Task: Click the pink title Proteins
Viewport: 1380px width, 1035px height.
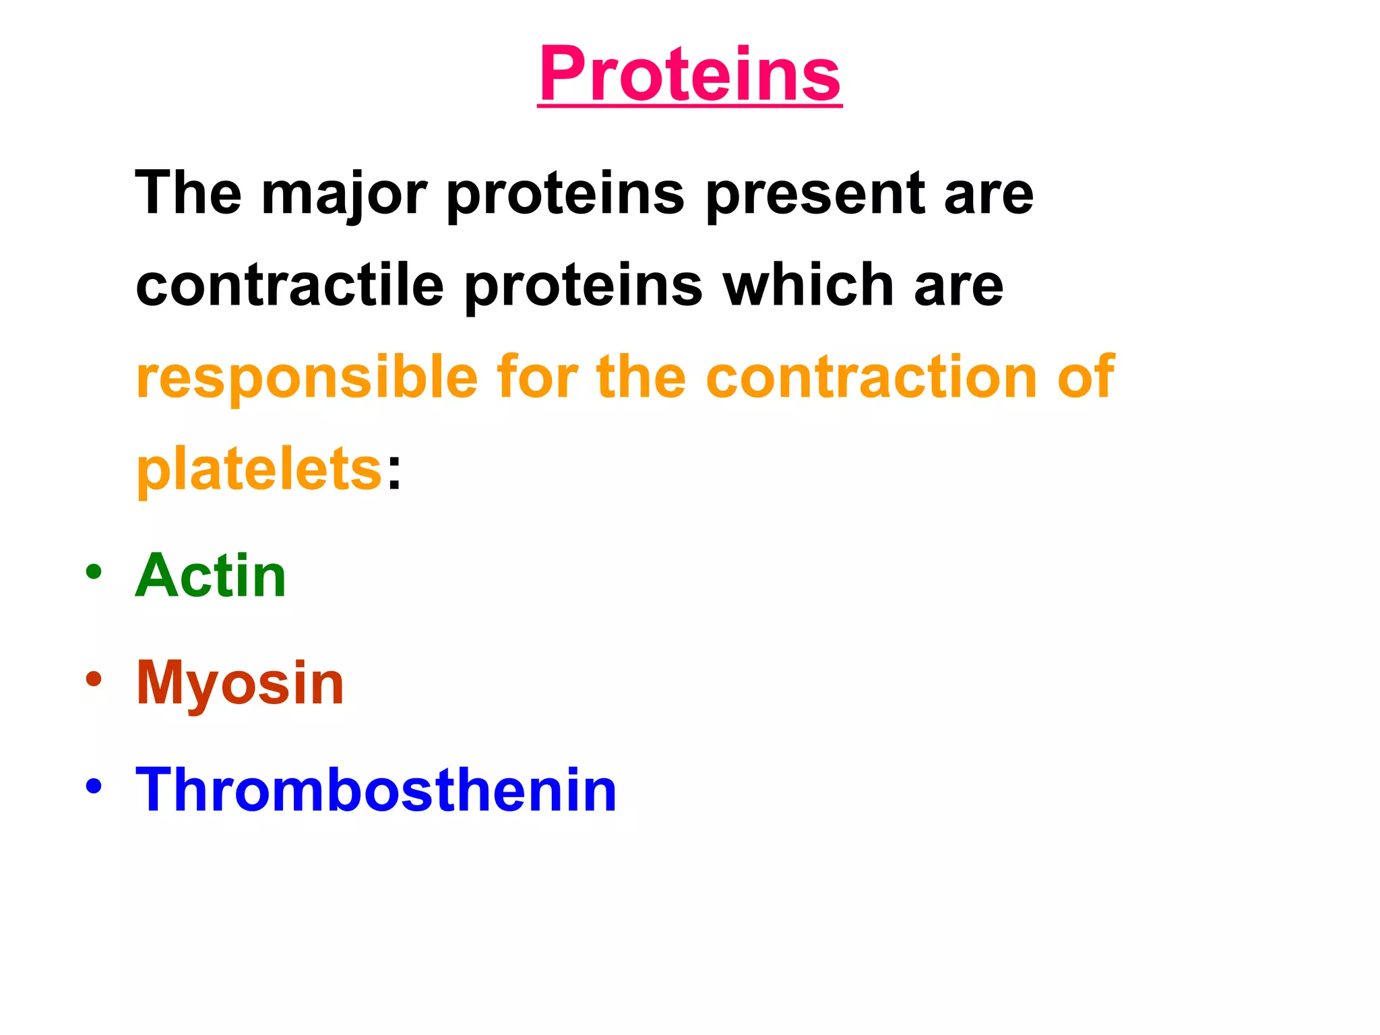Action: (690, 74)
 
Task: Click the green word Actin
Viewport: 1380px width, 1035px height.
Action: (211, 575)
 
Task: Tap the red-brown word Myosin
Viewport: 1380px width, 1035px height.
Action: (240, 683)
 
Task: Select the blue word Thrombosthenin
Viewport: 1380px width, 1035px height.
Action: (376, 790)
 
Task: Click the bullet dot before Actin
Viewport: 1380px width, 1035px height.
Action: (94, 572)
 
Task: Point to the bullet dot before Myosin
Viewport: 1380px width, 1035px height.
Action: (94, 679)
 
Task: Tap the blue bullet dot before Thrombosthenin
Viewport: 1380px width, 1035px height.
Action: (94, 785)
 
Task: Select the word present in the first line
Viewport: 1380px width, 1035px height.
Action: (815, 195)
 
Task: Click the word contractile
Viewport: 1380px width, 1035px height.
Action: (290, 286)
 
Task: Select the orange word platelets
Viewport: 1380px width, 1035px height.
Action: (259, 470)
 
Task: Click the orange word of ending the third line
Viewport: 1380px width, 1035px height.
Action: (1086, 377)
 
